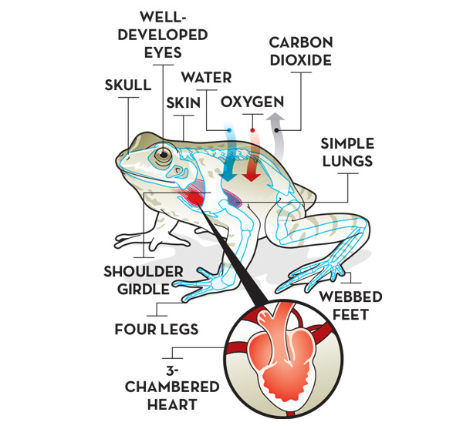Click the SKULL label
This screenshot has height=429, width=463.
[x=128, y=85]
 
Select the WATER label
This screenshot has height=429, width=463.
[x=206, y=78]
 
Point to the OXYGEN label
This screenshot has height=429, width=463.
[x=252, y=102]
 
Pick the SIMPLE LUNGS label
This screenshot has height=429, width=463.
[x=348, y=152]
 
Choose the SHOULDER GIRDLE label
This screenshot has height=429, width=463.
[x=144, y=280]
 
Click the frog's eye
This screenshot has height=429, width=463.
[x=162, y=156]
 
